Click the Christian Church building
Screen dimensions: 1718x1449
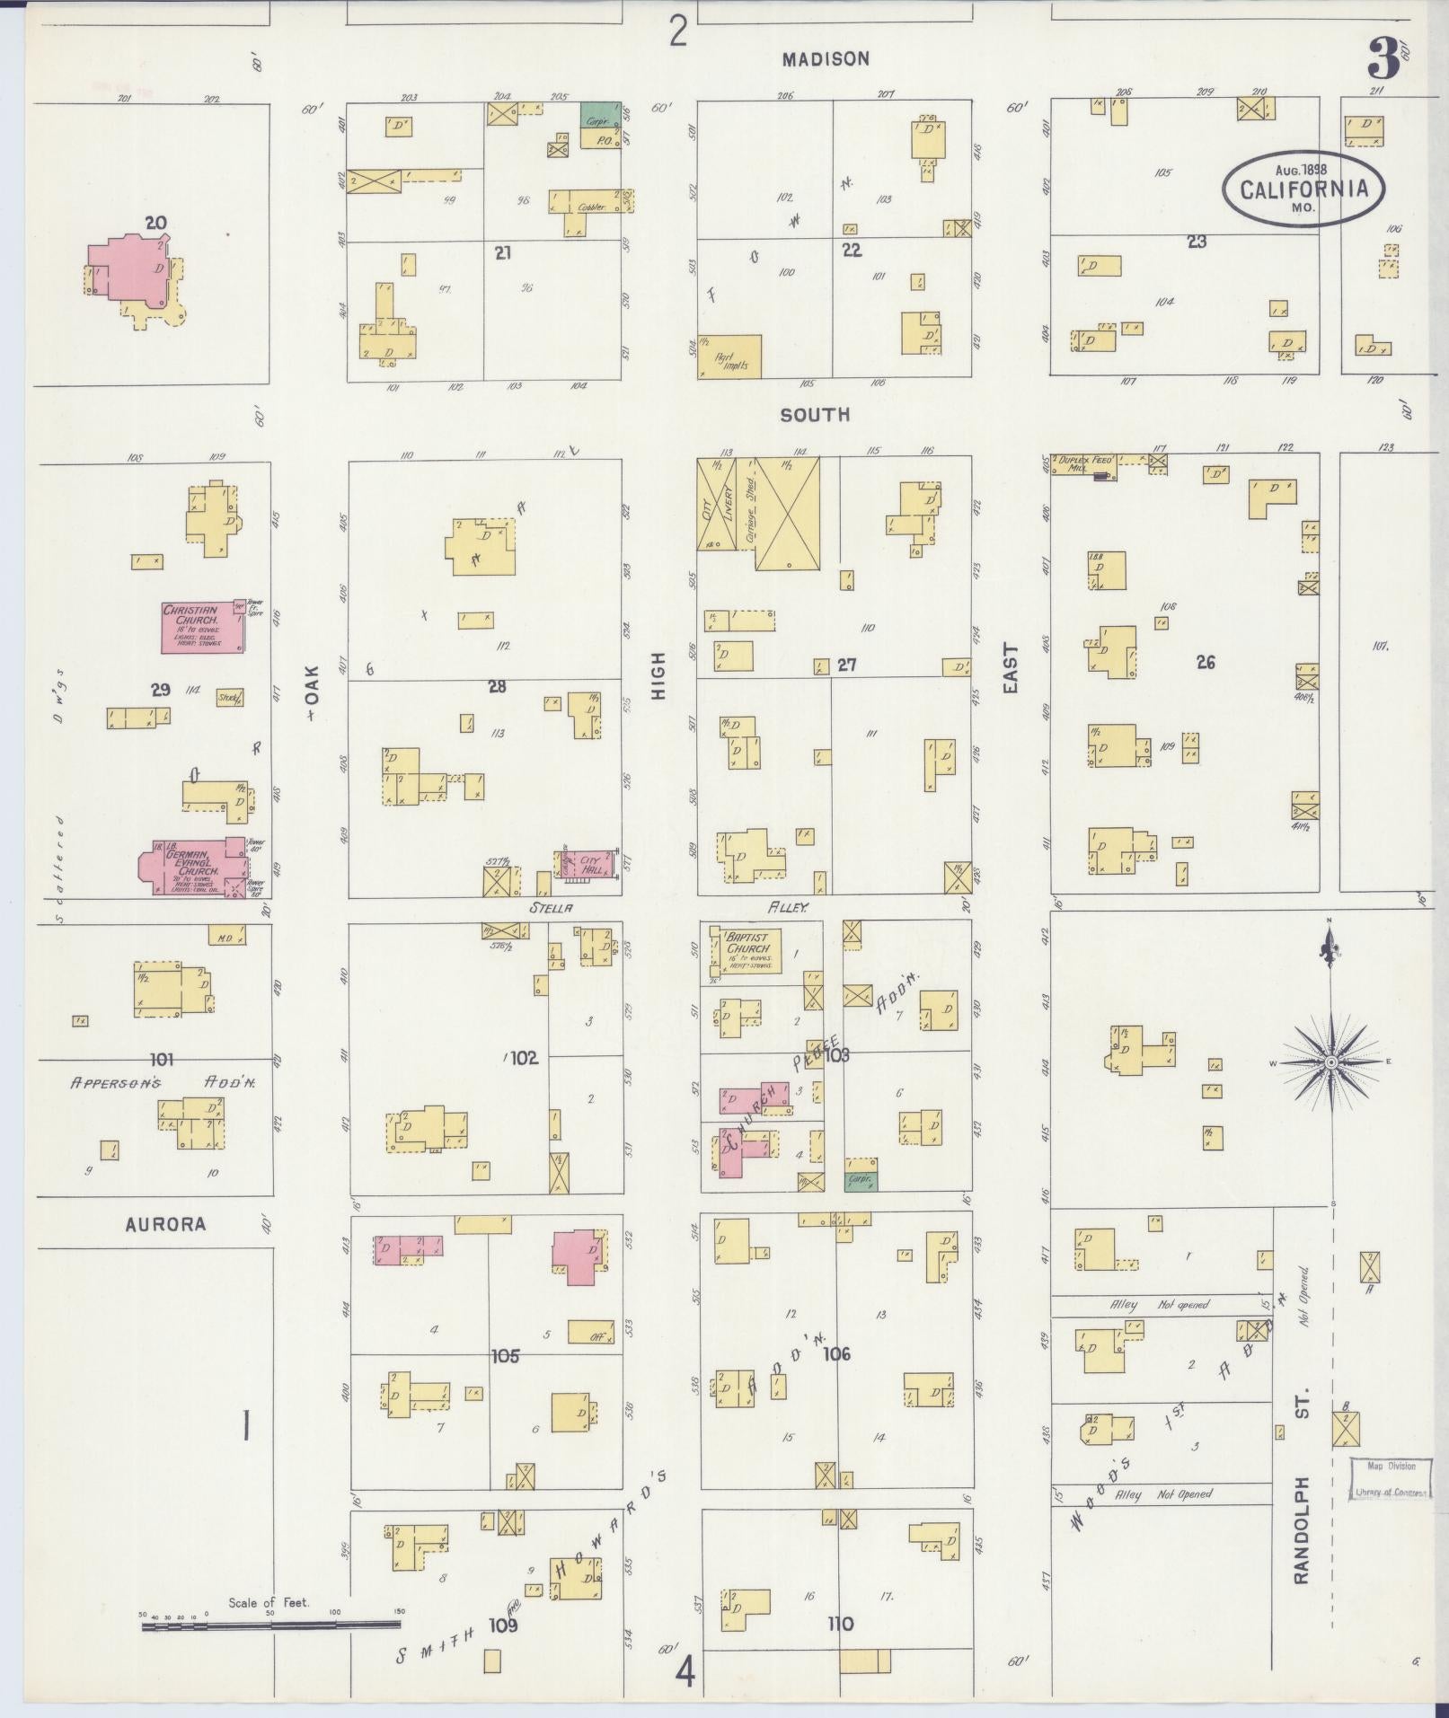[x=202, y=627]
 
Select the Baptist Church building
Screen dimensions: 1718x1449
[x=748, y=950]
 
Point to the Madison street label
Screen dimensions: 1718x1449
[x=825, y=59]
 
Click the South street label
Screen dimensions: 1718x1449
[x=814, y=415]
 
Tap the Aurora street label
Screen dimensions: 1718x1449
[x=165, y=1224]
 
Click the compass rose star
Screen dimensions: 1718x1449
[x=1331, y=1062]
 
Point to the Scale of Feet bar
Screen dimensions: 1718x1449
[x=269, y=1624]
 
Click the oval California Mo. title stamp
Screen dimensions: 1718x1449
[x=1303, y=189]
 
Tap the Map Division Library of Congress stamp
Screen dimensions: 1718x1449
[x=1391, y=1478]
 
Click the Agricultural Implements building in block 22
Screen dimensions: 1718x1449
[x=729, y=357]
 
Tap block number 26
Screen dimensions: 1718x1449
[x=1205, y=662]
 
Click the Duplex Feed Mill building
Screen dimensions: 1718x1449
[x=1085, y=464]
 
